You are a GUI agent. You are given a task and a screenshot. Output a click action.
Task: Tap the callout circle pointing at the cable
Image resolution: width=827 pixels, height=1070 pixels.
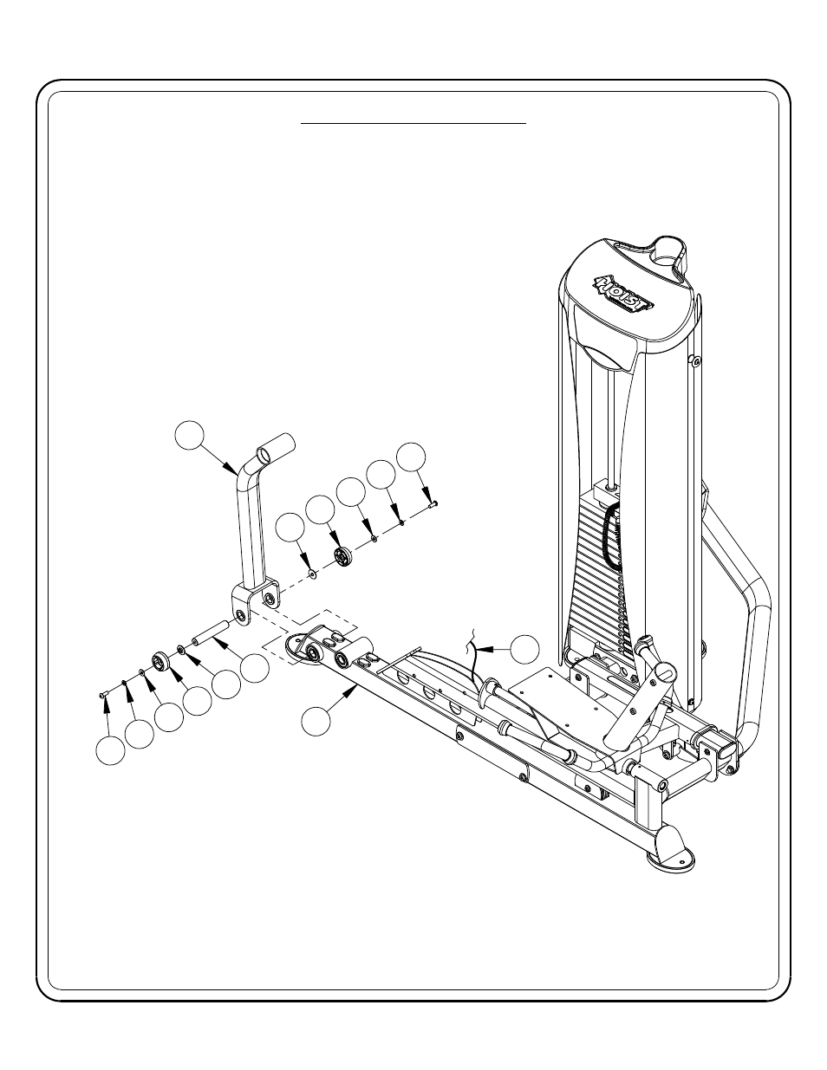(524, 648)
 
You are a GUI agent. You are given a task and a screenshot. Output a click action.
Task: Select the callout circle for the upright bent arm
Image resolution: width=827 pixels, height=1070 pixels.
(192, 436)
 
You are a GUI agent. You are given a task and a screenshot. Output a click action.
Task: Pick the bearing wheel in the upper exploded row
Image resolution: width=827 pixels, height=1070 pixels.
(343, 556)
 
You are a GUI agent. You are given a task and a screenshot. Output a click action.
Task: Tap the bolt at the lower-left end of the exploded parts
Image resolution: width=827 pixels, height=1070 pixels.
(102, 692)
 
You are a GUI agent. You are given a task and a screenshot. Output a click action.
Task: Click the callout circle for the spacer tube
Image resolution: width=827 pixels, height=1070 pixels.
(255, 666)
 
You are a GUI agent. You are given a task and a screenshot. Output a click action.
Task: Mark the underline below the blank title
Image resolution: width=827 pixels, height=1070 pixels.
(413, 124)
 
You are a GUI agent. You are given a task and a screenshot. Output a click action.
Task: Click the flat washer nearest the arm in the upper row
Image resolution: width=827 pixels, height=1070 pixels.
(311, 573)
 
